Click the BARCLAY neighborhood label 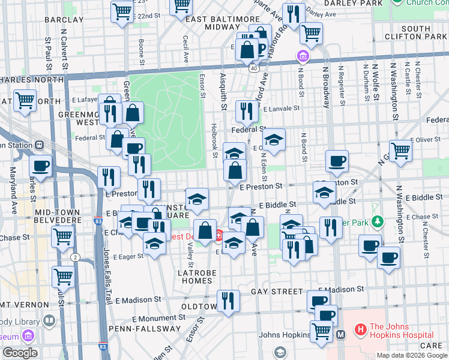tap(64, 20)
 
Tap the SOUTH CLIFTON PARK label tap(424, 32)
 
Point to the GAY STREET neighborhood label tap(277, 291)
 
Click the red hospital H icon tap(361, 329)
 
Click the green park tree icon tap(377, 222)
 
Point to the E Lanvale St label tap(280, 109)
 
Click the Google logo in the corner tap(20, 353)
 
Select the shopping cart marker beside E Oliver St tap(400, 150)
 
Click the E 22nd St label tap(147, 15)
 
